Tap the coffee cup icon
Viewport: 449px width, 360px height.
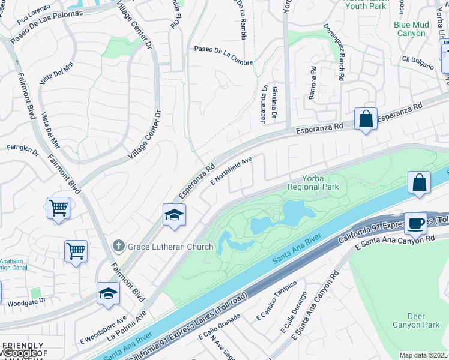(415, 223)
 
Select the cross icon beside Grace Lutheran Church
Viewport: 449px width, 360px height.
(118, 246)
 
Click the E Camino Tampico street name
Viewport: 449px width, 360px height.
(276, 301)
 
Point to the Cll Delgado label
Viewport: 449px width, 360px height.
(418, 62)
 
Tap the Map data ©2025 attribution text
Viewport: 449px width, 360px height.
(423, 355)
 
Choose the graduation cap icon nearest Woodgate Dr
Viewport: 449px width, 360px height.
(109, 293)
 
